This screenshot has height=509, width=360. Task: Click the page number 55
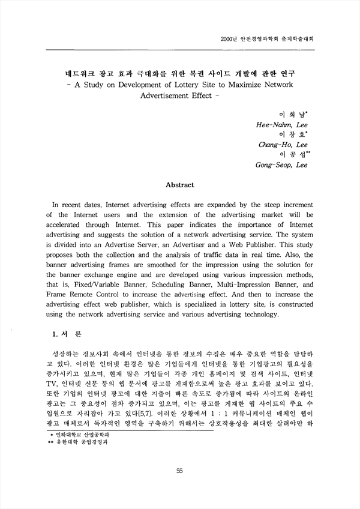[179, 471]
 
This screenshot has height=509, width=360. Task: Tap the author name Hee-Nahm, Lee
[282, 125]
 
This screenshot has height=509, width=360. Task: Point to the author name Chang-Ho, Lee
[283, 145]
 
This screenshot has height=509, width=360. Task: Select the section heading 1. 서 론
[67, 333]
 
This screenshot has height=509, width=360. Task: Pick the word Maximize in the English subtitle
[250, 85]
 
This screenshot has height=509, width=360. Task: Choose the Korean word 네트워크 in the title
[68, 73]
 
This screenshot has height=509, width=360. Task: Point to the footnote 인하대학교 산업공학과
[83, 432]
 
